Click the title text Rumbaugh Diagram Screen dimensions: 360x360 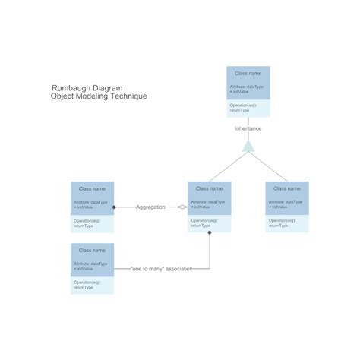87,87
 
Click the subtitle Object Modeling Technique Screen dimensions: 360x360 99,96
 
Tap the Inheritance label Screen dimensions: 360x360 248,128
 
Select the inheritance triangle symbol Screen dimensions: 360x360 248,147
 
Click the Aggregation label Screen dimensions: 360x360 150,207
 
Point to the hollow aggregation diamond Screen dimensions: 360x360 182,207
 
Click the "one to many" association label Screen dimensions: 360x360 161,268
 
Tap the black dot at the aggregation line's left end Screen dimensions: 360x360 115,207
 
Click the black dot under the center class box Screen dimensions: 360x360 210,234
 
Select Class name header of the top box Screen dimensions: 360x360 248,74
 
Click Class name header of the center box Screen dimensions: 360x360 209,188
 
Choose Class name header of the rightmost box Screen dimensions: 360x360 286,188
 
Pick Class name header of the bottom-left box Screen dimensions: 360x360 92,250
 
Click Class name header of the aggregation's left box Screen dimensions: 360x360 92,188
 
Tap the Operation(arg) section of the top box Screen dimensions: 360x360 248,107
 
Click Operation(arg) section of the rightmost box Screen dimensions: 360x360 286,223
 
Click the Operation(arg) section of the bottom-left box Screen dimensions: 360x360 92,284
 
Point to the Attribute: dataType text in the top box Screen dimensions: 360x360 245,87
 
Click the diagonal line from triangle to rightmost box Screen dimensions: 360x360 268,167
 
